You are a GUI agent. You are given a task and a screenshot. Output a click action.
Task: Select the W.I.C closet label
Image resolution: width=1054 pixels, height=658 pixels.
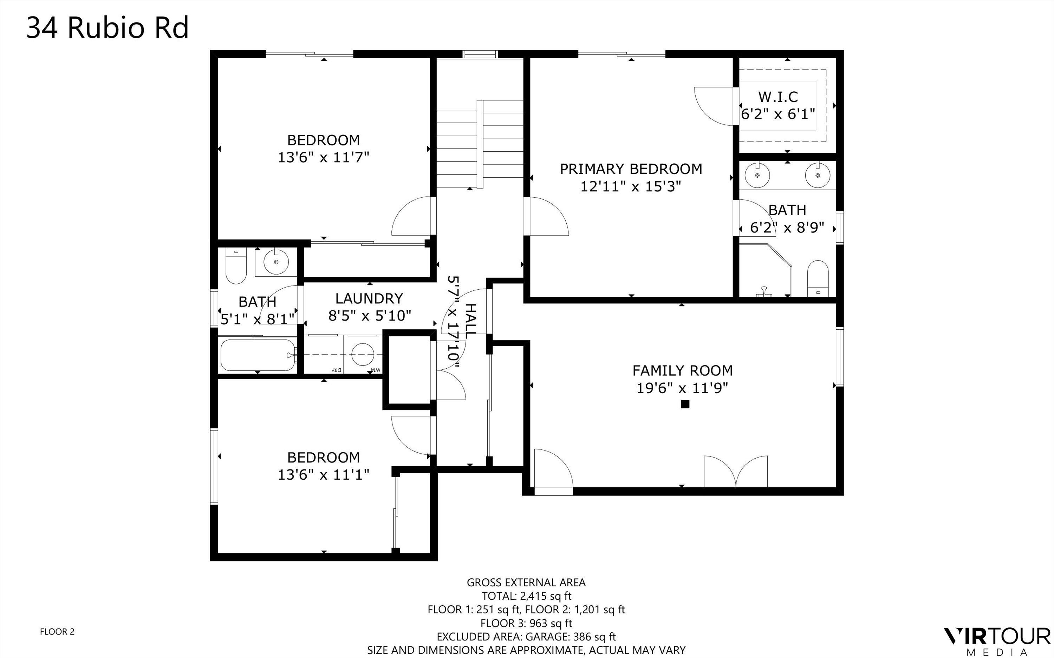[778, 97]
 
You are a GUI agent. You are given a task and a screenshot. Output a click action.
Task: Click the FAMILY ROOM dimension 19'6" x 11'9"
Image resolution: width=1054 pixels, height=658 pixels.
[682, 388]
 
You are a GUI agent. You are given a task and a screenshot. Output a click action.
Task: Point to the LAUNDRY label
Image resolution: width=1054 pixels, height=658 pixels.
[369, 298]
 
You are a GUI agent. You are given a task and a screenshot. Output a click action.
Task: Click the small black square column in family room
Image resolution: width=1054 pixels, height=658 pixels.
[685, 404]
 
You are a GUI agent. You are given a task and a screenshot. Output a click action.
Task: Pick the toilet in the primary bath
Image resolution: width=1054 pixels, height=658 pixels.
[817, 278]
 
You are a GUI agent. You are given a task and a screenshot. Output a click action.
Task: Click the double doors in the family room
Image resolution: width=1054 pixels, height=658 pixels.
[736, 472]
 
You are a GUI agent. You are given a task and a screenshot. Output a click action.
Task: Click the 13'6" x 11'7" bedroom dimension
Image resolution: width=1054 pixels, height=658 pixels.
[324, 157]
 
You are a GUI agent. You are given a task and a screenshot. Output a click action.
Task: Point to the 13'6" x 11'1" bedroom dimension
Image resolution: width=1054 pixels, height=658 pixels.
[324, 474]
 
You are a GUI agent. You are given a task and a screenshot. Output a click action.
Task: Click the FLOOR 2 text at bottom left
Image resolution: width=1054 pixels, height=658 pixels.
[57, 631]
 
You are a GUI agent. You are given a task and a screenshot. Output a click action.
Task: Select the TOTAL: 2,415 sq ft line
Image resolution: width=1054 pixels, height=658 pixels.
[526, 596]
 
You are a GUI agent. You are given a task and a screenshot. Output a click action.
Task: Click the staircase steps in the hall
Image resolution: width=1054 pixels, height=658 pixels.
[479, 144]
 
